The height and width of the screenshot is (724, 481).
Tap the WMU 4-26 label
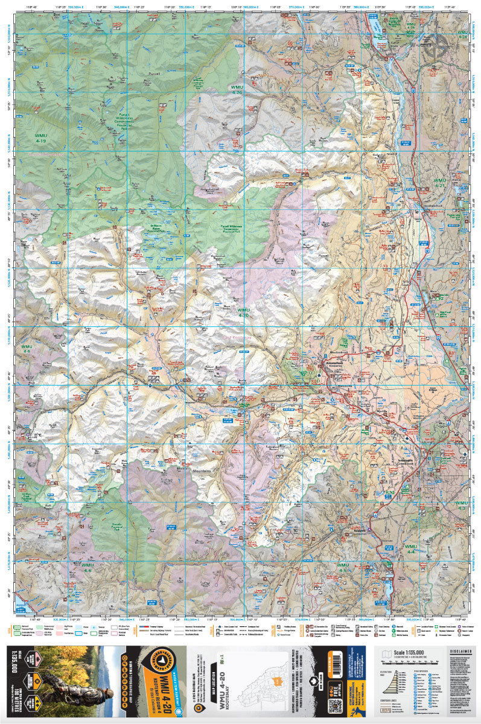237,90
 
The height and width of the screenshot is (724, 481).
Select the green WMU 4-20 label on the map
243,313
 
